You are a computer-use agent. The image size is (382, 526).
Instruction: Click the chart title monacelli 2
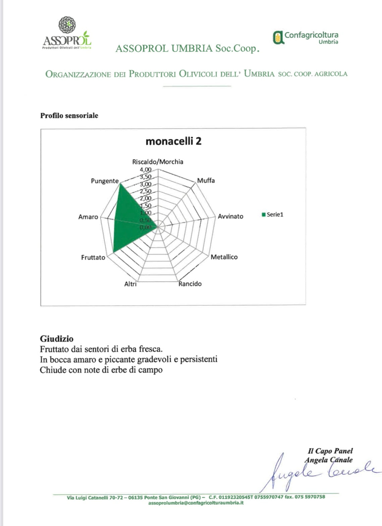[x=173, y=141]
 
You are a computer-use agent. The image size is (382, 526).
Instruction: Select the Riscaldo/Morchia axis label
[x=158, y=162]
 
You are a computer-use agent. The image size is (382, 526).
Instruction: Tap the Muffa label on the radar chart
[x=206, y=181]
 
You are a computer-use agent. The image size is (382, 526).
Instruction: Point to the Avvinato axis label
[x=230, y=216]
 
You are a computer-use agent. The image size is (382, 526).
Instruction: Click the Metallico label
[x=224, y=257]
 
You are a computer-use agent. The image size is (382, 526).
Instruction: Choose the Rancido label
[x=190, y=284]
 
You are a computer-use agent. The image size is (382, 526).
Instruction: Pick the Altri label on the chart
[x=130, y=284]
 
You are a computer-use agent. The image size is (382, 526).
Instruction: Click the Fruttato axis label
[x=93, y=257]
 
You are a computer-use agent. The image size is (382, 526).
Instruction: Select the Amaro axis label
[x=88, y=217]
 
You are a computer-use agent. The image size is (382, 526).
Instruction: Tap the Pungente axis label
[x=105, y=181]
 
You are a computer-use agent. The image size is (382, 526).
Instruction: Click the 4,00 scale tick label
[x=146, y=170]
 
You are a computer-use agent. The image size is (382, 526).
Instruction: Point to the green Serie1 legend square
[x=264, y=214]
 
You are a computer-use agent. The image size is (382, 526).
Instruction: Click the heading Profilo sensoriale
[x=69, y=116]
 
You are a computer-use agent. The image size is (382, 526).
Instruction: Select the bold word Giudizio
[x=56, y=338]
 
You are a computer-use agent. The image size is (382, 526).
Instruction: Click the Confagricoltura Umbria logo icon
[x=277, y=38]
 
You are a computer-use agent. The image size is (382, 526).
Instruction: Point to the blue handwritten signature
[x=319, y=472]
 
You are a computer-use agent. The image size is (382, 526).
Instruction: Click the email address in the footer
[x=196, y=503]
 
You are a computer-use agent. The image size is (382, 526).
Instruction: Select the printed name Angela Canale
[x=329, y=460]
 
